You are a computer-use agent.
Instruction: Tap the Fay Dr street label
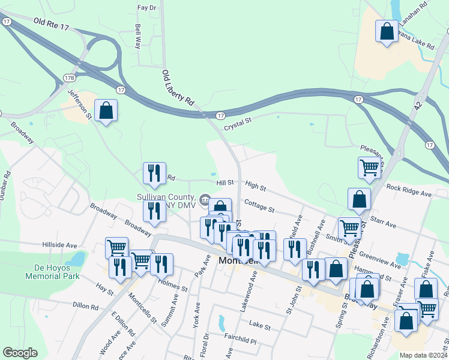[x=146, y=8]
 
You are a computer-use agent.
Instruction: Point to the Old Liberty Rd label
[x=179, y=89]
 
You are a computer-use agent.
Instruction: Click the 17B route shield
[x=70, y=78]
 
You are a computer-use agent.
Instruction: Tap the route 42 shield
[x=418, y=105]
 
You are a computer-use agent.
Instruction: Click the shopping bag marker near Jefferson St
[x=106, y=111]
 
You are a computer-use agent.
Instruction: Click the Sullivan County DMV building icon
[x=205, y=199]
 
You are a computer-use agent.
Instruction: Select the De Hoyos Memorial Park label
[x=53, y=272]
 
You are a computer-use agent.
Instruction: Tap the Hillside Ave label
[x=59, y=245]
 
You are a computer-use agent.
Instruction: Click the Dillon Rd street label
[x=85, y=306]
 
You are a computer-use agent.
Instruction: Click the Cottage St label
[x=259, y=207]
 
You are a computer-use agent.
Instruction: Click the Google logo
[x=20, y=353]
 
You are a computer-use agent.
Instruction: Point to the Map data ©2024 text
[x=423, y=355]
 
